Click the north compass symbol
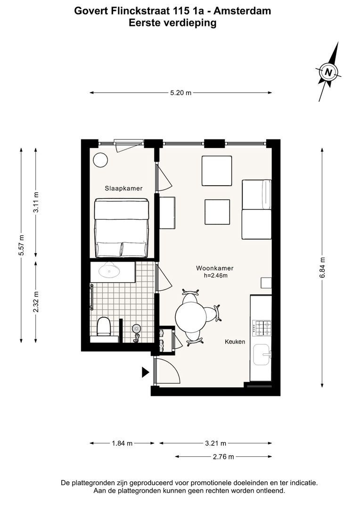[x=328, y=72]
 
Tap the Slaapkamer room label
[x=123, y=189]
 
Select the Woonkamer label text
[x=215, y=269]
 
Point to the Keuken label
[x=235, y=342]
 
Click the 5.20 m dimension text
[x=181, y=93]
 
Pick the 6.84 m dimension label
[x=322, y=268]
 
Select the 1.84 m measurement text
[x=123, y=443]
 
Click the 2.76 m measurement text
[x=223, y=457]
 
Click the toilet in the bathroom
[x=104, y=327]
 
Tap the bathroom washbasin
[x=109, y=270]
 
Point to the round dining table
[x=191, y=317]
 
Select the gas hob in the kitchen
[x=262, y=328]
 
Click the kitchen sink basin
[x=262, y=355]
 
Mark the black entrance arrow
[x=145, y=372]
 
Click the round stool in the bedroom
[x=100, y=160]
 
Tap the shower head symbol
[x=136, y=329]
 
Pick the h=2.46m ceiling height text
[x=215, y=276]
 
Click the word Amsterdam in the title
[x=242, y=11]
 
